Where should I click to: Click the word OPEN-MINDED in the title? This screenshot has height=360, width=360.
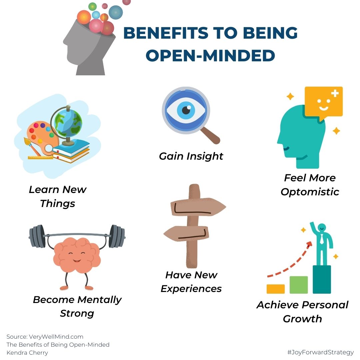[x=210, y=55]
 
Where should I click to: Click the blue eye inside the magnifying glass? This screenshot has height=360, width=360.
[x=186, y=111]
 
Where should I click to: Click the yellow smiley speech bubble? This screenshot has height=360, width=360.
[x=323, y=102]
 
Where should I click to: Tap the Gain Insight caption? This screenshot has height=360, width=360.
[x=191, y=156]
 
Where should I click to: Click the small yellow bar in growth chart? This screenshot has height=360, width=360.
[x=276, y=289]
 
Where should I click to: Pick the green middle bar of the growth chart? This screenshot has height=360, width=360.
[x=299, y=285]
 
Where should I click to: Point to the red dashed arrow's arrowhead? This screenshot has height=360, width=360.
[x=309, y=244]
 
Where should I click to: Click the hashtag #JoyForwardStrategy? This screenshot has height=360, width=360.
[x=320, y=352]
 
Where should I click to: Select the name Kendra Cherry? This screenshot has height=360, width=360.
[x=27, y=352]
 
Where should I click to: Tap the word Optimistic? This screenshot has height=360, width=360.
[x=310, y=192]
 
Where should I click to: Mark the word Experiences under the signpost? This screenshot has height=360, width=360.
[x=191, y=289]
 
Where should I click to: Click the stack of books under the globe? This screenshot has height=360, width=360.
[x=72, y=152]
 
